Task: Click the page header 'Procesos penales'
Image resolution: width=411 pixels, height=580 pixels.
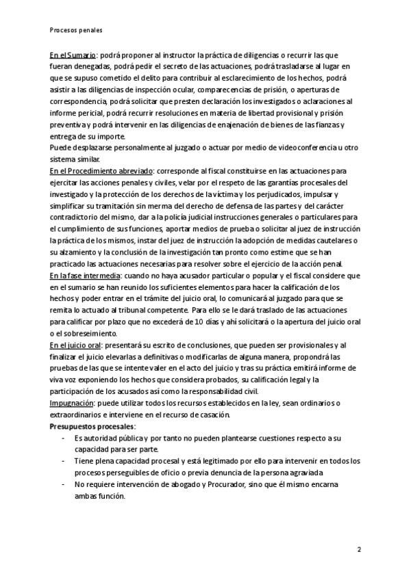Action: coord(76,30)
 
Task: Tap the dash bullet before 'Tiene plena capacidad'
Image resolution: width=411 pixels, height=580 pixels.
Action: coord(63,461)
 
